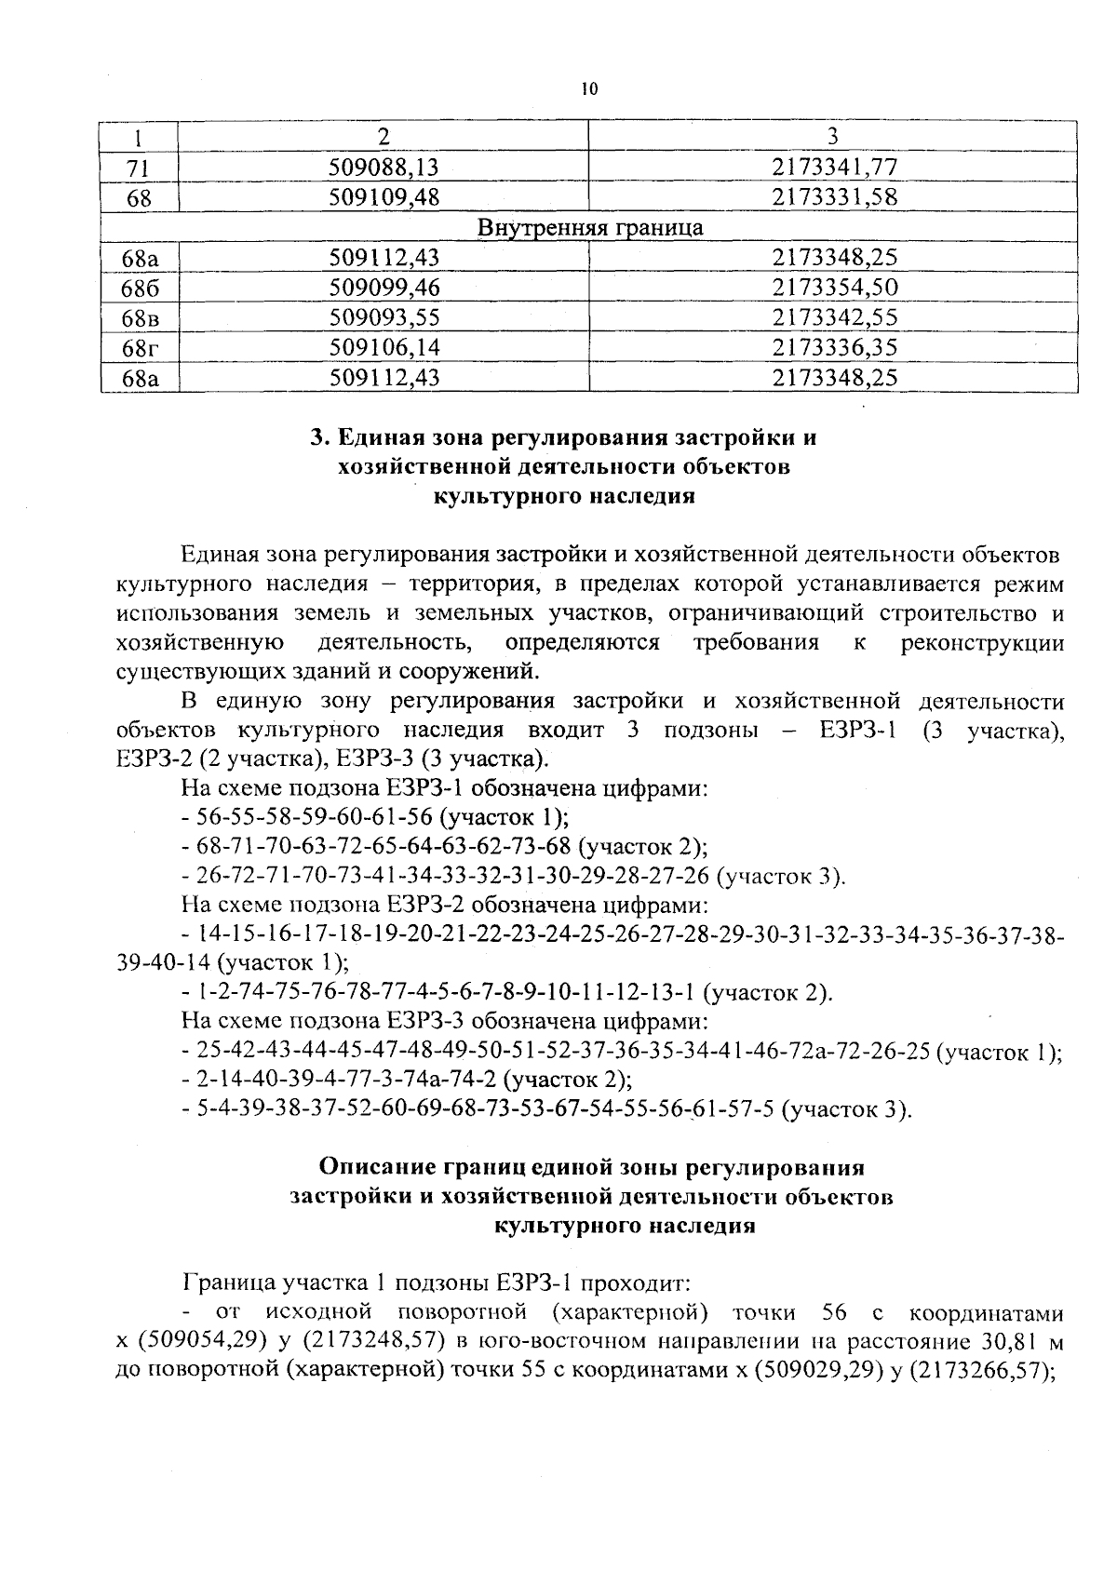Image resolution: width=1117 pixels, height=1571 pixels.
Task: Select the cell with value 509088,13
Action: (x=384, y=167)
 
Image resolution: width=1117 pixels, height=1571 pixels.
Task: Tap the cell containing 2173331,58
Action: (x=834, y=197)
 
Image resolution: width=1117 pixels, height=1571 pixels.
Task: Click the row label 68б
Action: (x=140, y=289)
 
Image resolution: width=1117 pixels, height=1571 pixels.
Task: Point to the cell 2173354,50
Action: (x=834, y=289)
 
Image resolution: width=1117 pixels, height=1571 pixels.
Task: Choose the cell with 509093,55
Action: (x=384, y=318)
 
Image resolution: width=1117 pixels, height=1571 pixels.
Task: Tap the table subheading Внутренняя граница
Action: (x=590, y=228)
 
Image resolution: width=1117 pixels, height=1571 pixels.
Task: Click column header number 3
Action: (x=833, y=136)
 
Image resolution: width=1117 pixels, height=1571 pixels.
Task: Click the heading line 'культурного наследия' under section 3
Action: (x=565, y=496)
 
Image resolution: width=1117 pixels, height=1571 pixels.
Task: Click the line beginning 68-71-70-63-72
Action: (x=445, y=847)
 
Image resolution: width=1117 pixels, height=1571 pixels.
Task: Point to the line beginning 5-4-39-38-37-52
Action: (x=545, y=1109)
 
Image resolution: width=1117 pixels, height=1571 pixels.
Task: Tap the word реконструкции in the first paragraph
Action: (x=983, y=642)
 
